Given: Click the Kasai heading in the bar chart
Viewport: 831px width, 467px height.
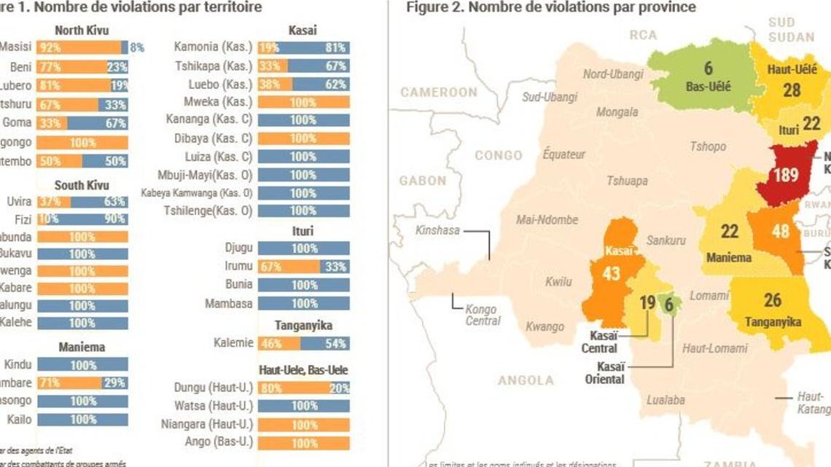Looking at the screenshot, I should click(303, 31).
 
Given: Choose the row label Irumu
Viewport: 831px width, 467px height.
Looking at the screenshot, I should click(239, 267).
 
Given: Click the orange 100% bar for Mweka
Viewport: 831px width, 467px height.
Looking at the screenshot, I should click(303, 103).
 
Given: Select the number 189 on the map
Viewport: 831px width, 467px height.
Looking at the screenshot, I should click(786, 176).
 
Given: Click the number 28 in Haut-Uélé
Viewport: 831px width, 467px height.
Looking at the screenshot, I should click(792, 90).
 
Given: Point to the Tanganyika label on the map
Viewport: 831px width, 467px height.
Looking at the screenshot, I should click(773, 322).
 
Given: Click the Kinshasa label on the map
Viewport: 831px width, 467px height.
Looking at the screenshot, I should click(438, 230).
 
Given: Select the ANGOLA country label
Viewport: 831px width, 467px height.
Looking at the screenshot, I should click(526, 380).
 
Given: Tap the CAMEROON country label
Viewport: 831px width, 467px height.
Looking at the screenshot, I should click(438, 93).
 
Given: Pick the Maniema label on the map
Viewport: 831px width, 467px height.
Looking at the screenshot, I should click(729, 257).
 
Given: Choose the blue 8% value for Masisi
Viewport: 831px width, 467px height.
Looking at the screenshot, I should click(136, 47).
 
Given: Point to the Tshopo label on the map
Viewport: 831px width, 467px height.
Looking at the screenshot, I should click(708, 146).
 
